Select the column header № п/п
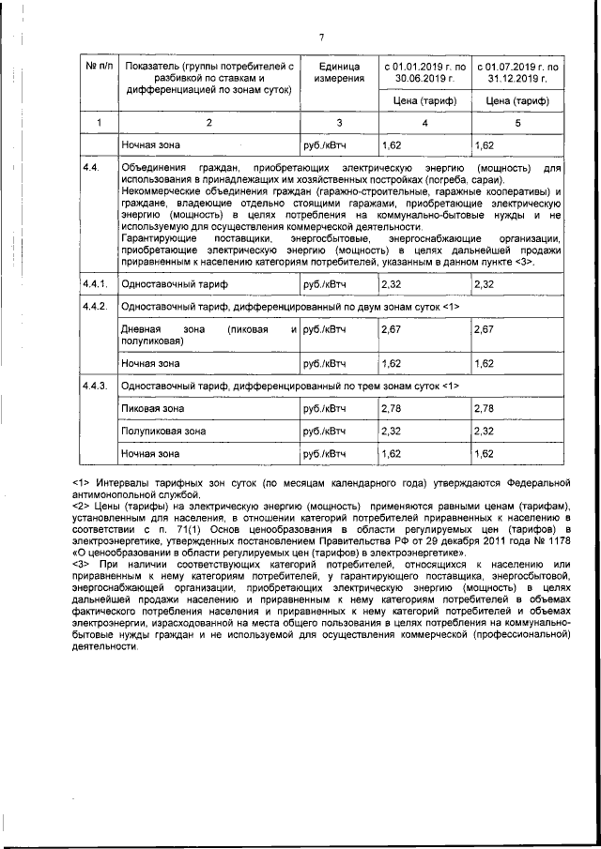click(99, 68)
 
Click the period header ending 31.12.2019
click(517, 73)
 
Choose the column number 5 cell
click(517, 123)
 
